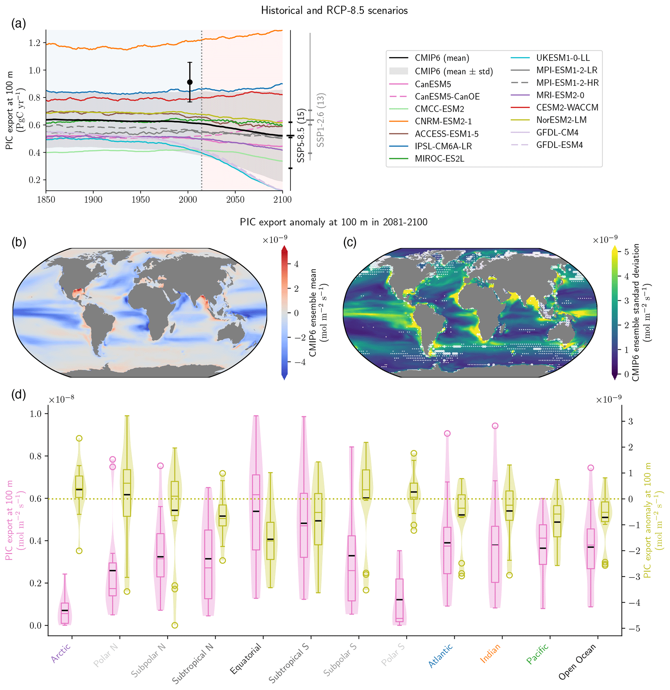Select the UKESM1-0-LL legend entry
(563, 58)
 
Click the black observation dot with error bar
(190, 82)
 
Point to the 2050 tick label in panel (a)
(235, 200)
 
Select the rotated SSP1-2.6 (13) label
(320, 120)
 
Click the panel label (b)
(19, 242)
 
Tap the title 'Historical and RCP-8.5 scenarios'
(334, 11)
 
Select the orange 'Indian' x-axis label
(490, 653)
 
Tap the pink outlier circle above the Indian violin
(495, 426)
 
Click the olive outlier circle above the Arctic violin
(79, 438)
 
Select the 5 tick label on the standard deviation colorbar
(626, 252)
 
